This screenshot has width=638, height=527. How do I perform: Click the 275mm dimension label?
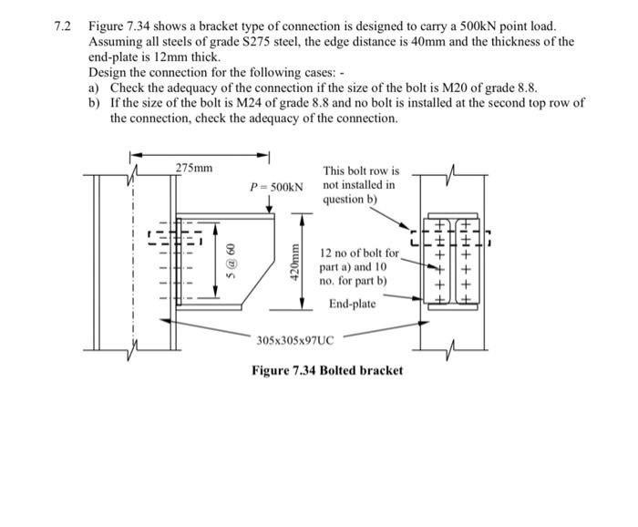coord(194,168)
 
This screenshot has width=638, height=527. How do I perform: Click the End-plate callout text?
coord(352,304)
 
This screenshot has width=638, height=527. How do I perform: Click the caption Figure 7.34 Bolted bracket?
coord(327,370)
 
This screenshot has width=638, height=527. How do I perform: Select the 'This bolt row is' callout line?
coord(361,170)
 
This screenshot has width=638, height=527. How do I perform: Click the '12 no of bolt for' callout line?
coord(359,253)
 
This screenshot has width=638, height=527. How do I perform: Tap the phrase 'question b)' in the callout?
coord(349,200)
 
